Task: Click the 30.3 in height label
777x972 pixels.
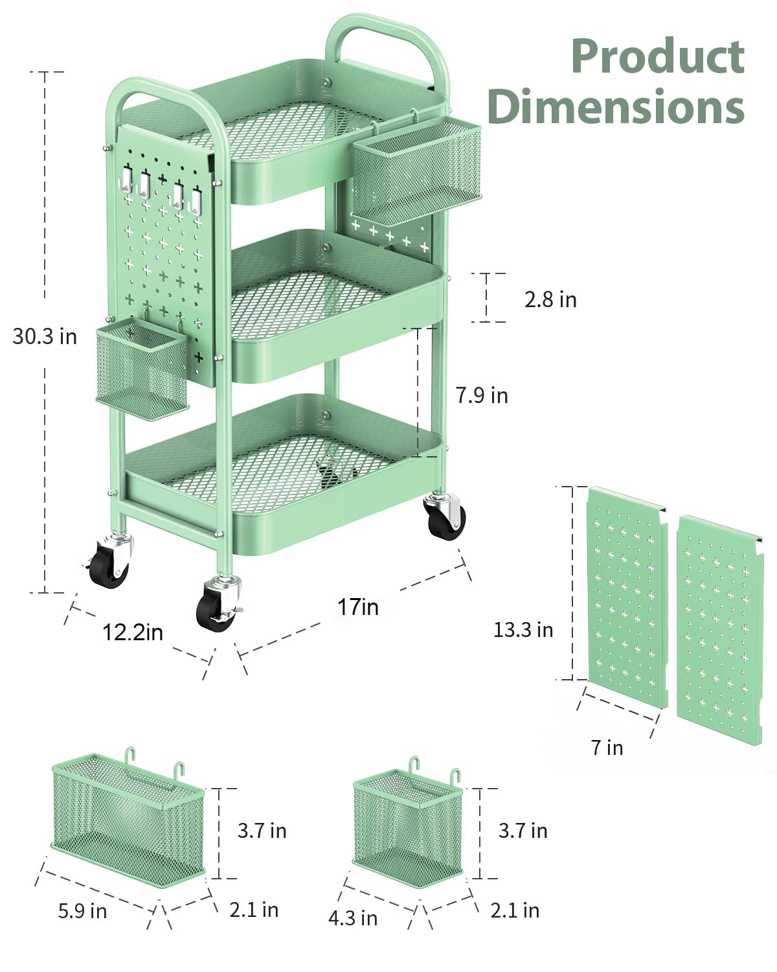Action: pyautogui.click(x=45, y=336)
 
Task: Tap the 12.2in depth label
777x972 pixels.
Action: pyautogui.click(x=133, y=632)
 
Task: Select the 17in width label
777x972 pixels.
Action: pyautogui.click(x=357, y=607)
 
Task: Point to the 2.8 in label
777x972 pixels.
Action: pyautogui.click(x=550, y=299)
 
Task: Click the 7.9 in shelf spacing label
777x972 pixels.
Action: pyautogui.click(x=482, y=395)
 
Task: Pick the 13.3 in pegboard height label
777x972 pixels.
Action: pyautogui.click(x=523, y=630)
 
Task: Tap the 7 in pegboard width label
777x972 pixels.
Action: pyautogui.click(x=607, y=748)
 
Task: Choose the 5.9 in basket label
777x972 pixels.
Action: pyautogui.click(x=82, y=911)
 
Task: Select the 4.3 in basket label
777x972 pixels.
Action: pyautogui.click(x=353, y=918)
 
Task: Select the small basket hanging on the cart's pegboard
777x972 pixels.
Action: pyautogui.click(x=142, y=368)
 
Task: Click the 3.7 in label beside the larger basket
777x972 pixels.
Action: pyautogui.click(x=262, y=831)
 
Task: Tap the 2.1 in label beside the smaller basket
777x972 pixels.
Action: pyautogui.click(x=515, y=910)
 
